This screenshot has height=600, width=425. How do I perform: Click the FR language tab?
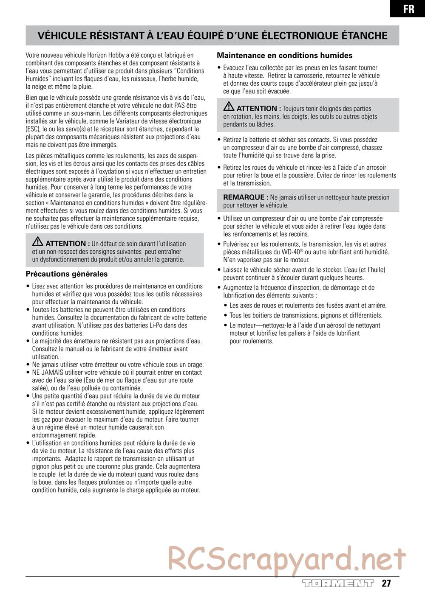pyautogui.click(x=408, y=9)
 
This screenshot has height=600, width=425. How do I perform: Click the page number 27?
pyautogui.click(x=385, y=583)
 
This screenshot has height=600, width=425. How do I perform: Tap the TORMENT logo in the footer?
pyautogui.click(x=337, y=583)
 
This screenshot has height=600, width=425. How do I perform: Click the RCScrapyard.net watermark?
pyautogui.click(x=287, y=558)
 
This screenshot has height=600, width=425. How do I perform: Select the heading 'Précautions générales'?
pyautogui.click(x=67, y=274)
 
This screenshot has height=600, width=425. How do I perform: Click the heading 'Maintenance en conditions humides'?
pyautogui.click(x=284, y=55)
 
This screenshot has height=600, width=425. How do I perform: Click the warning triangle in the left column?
pyautogui.click(x=38, y=242)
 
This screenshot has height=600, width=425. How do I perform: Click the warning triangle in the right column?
pyautogui.click(x=229, y=107)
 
